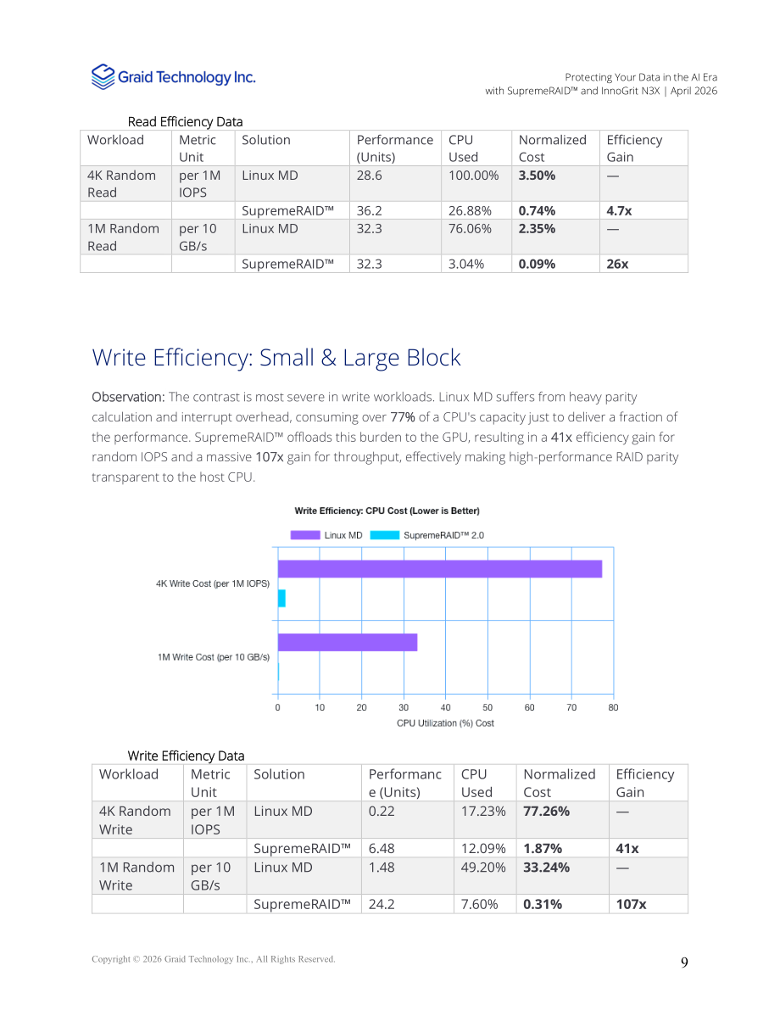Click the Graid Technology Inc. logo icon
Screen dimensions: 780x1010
(x=103, y=76)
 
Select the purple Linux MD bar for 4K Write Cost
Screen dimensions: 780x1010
(x=440, y=569)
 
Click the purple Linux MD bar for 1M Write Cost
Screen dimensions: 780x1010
(x=348, y=642)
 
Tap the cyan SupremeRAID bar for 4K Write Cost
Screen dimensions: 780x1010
(x=281, y=599)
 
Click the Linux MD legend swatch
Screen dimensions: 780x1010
(x=305, y=535)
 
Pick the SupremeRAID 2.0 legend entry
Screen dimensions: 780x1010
(x=427, y=535)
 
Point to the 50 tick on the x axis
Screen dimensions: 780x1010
(x=487, y=707)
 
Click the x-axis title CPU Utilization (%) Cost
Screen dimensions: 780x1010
(x=445, y=723)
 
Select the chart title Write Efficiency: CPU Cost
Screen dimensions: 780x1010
(x=387, y=511)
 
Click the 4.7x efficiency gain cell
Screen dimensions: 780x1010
(x=619, y=210)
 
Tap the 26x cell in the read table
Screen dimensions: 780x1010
(x=617, y=264)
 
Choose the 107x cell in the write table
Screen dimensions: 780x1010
(x=632, y=904)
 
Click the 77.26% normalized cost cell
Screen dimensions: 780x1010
(x=546, y=812)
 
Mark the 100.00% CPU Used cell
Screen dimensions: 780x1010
(x=473, y=176)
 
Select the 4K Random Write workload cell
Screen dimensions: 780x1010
(x=136, y=820)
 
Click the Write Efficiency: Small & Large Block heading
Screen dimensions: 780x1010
(x=276, y=358)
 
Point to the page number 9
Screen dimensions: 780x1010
(x=684, y=963)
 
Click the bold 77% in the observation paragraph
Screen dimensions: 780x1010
(x=403, y=417)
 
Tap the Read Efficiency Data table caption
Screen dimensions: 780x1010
(x=185, y=122)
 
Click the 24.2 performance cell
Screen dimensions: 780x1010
(x=382, y=904)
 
